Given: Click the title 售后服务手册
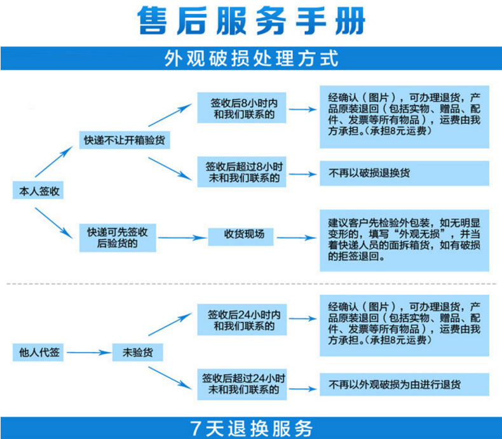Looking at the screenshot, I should [x=252, y=22].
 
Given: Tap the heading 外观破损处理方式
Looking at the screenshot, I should [x=251, y=58].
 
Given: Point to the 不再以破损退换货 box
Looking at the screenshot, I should [x=404, y=172].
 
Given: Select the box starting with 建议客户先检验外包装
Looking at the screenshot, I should [x=404, y=240].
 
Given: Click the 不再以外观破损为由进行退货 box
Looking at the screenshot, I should [x=404, y=384].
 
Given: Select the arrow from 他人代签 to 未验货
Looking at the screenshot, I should [x=88, y=352].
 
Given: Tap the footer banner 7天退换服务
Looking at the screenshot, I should [x=252, y=428].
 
